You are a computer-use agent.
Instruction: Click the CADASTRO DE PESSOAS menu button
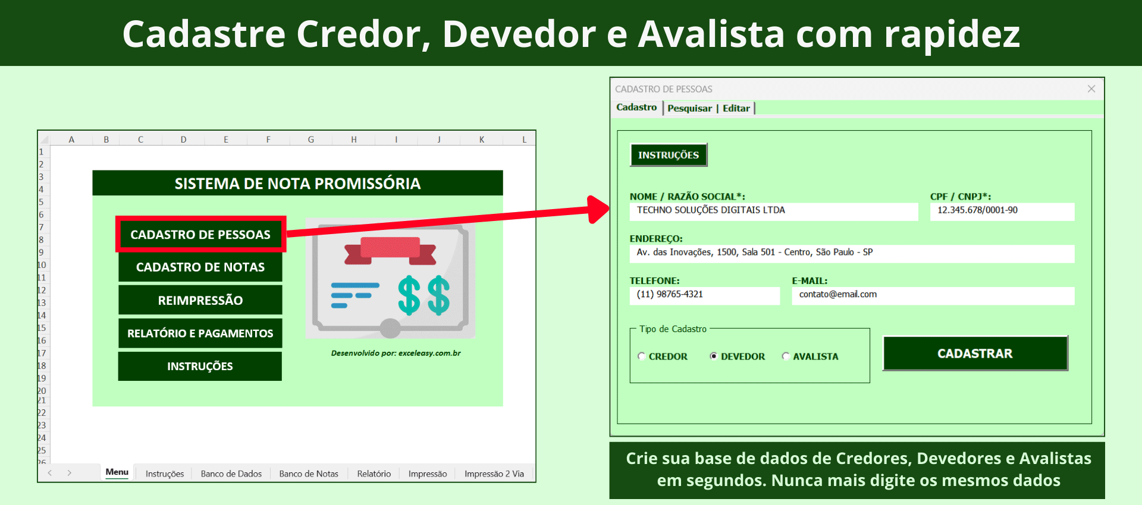tap(200, 235)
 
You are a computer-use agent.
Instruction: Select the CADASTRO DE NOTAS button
tap(200, 267)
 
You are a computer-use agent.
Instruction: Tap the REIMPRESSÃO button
tap(200, 300)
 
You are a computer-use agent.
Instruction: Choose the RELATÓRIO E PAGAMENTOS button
tap(200, 333)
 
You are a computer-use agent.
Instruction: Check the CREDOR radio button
tap(642, 356)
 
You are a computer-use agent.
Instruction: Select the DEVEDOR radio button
tap(714, 356)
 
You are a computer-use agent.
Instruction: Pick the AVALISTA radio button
tap(786, 356)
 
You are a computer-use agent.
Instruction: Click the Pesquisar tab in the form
tap(689, 108)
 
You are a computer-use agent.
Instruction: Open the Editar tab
tap(736, 108)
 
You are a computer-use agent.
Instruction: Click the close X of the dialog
tap(1091, 89)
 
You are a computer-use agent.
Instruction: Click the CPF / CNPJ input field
tap(1002, 211)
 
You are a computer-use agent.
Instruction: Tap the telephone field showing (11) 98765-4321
tap(705, 295)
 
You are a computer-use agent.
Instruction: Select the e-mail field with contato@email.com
tap(933, 295)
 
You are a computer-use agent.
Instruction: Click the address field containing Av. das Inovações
tap(852, 253)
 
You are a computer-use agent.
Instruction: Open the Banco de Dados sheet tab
tap(231, 474)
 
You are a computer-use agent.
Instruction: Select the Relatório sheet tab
tap(374, 474)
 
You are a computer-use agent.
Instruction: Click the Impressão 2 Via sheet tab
tap(494, 474)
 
